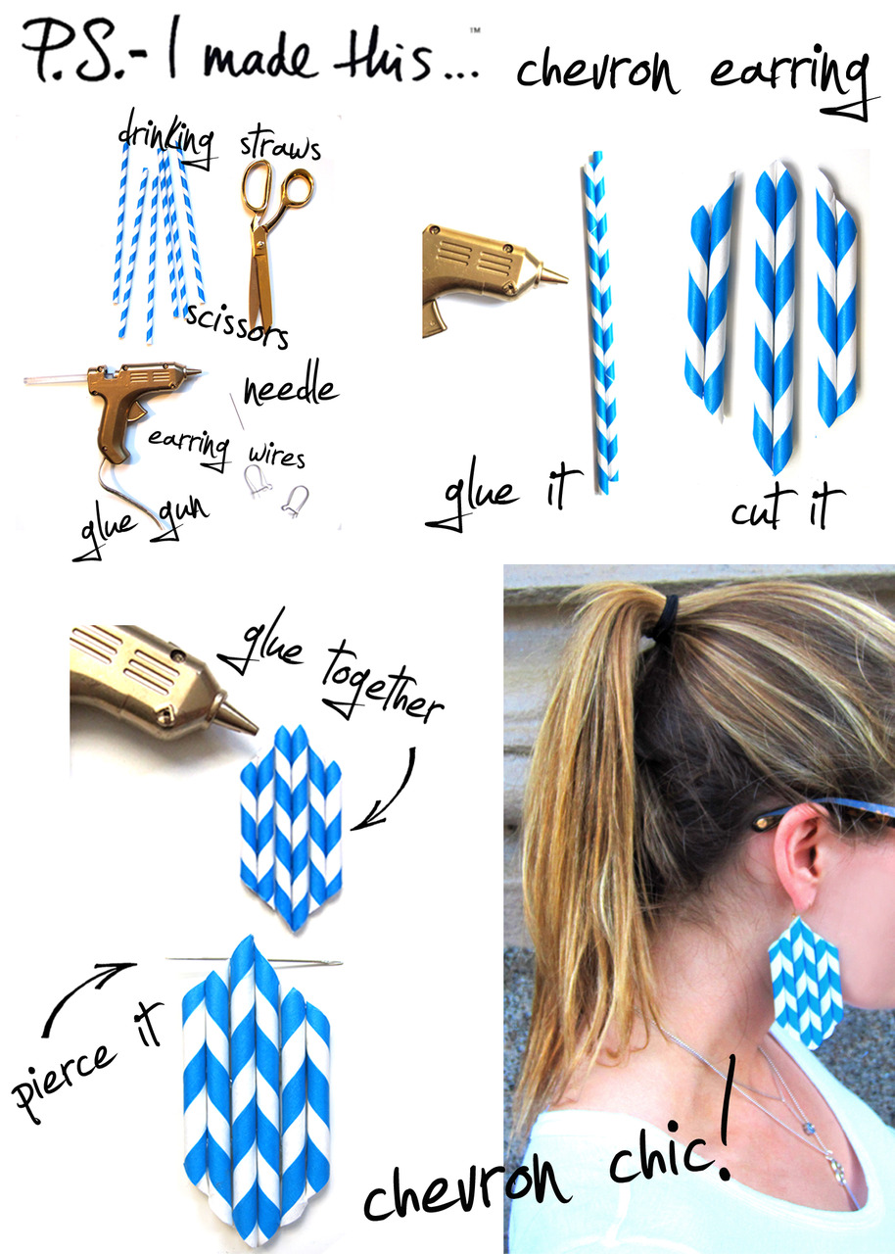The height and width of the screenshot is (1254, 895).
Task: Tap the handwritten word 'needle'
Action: (291, 385)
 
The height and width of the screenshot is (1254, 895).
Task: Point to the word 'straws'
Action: (280, 147)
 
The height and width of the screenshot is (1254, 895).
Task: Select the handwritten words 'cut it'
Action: (787, 506)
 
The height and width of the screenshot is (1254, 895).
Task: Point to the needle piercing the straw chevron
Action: (254, 961)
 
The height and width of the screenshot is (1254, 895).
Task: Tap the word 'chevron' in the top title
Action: (597, 72)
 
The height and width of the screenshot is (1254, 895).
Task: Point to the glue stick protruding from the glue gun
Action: (56, 380)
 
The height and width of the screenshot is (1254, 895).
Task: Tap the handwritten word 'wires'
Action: (277, 456)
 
